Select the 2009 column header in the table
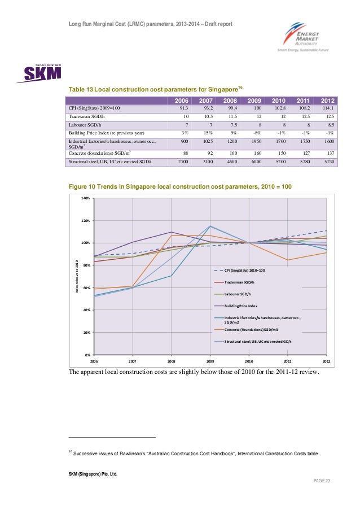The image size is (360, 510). (254, 101)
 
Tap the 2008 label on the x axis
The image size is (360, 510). (171, 360)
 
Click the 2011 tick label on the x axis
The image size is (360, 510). (288, 360)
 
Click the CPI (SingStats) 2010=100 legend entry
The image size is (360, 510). (244, 270)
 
